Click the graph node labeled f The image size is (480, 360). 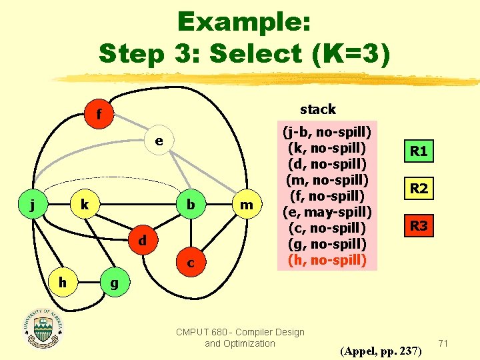point(99,115)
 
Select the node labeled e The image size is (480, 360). point(159,141)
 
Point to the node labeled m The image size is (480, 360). point(246,205)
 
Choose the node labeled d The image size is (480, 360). point(142,239)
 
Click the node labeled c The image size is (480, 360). point(191,263)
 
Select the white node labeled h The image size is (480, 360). point(62,283)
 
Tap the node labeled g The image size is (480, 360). point(114,283)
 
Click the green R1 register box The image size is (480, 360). point(419,151)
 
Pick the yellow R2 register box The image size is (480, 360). point(419,189)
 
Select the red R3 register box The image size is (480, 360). point(419,226)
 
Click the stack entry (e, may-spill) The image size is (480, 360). point(327,211)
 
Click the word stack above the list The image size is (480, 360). point(318,109)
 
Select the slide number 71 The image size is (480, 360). point(443,343)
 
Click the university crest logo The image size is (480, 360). point(44,327)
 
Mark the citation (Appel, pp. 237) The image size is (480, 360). point(380,350)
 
